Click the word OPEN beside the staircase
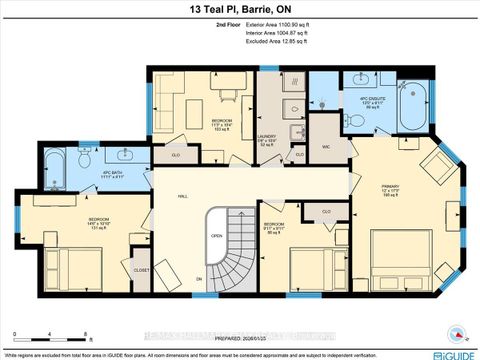[x=216, y=236]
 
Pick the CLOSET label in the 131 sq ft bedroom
[x=142, y=269]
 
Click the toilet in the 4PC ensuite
[x=356, y=118]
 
